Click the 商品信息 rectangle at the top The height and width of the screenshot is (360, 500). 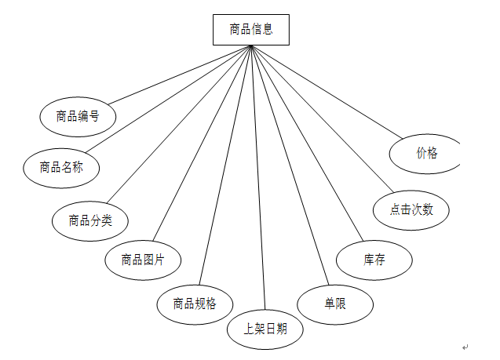point(250,30)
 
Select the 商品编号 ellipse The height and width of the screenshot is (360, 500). point(78,117)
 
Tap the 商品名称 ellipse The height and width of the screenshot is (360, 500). point(62,166)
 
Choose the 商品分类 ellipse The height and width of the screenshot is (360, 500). point(90,220)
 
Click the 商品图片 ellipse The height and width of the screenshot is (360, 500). point(143,260)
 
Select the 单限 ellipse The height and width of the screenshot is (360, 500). point(334,304)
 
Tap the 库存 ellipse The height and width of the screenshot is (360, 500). point(374,260)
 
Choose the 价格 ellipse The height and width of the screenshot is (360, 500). point(425,154)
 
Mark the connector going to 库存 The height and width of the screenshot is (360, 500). point(307,144)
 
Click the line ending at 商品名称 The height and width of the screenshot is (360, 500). point(168,98)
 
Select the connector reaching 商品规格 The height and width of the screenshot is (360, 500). point(225,165)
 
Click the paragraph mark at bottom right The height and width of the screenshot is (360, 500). point(465,347)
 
